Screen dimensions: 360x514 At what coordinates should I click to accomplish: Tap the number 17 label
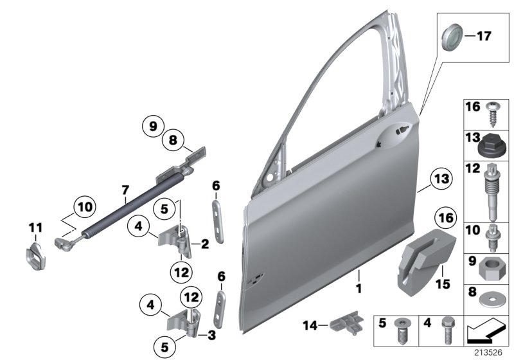483,36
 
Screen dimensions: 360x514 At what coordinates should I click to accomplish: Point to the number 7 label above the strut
126,190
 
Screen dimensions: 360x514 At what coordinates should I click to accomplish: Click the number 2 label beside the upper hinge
204,244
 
